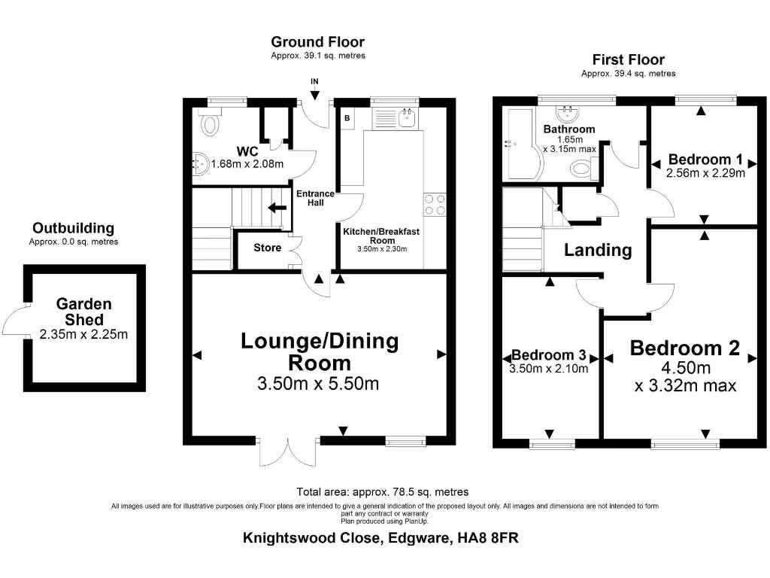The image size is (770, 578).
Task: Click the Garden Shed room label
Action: pyautogui.click(x=84, y=312)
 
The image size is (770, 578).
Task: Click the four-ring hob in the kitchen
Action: pyautogui.click(x=435, y=205)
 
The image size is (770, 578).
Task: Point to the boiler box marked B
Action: pyautogui.click(x=347, y=118)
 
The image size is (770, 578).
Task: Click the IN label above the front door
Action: pyautogui.click(x=314, y=81)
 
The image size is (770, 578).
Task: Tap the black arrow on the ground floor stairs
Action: pyautogui.click(x=277, y=208)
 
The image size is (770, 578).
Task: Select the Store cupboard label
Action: pyautogui.click(x=267, y=248)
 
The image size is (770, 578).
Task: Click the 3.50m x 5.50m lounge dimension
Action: pyautogui.click(x=318, y=384)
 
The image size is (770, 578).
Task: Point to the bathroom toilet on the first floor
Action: pyautogui.click(x=581, y=169)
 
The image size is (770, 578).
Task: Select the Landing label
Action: pyautogui.click(x=598, y=250)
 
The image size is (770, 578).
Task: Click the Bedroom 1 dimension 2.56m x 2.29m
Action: pyautogui.click(x=705, y=172)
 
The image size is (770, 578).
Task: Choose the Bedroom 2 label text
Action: pyautogui.click(x=684, y=348)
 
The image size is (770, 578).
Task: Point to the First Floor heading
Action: pyautogui.click(x=628, y=59)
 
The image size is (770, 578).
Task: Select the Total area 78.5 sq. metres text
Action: pyautogui.click(x=382, y=491)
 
